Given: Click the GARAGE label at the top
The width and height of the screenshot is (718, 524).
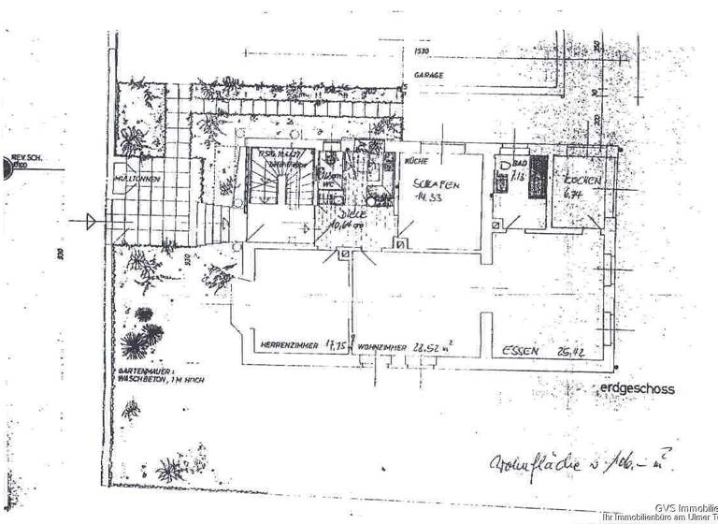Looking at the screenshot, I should [x=429, y=75].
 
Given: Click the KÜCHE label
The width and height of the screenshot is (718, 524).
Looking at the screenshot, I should [x=415, y=161].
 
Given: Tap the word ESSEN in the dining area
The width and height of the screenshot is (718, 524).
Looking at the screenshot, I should [x=520, y=352].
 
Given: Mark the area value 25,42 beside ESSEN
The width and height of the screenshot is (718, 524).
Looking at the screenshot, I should [x=570, y=352].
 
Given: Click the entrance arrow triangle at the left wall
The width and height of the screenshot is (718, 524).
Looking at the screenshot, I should [x=91, y=222].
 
